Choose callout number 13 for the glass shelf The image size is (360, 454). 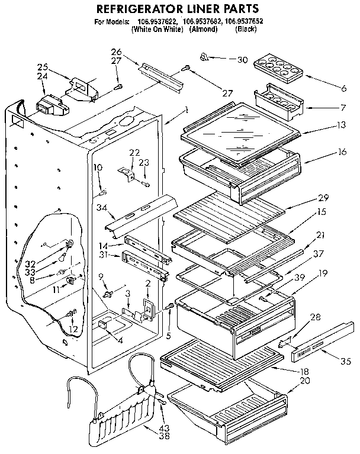click(341, 125)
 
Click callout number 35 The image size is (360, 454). click(346, 360)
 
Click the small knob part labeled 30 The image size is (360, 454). click(204, 57)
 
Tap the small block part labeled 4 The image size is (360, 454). click(104, 324)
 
